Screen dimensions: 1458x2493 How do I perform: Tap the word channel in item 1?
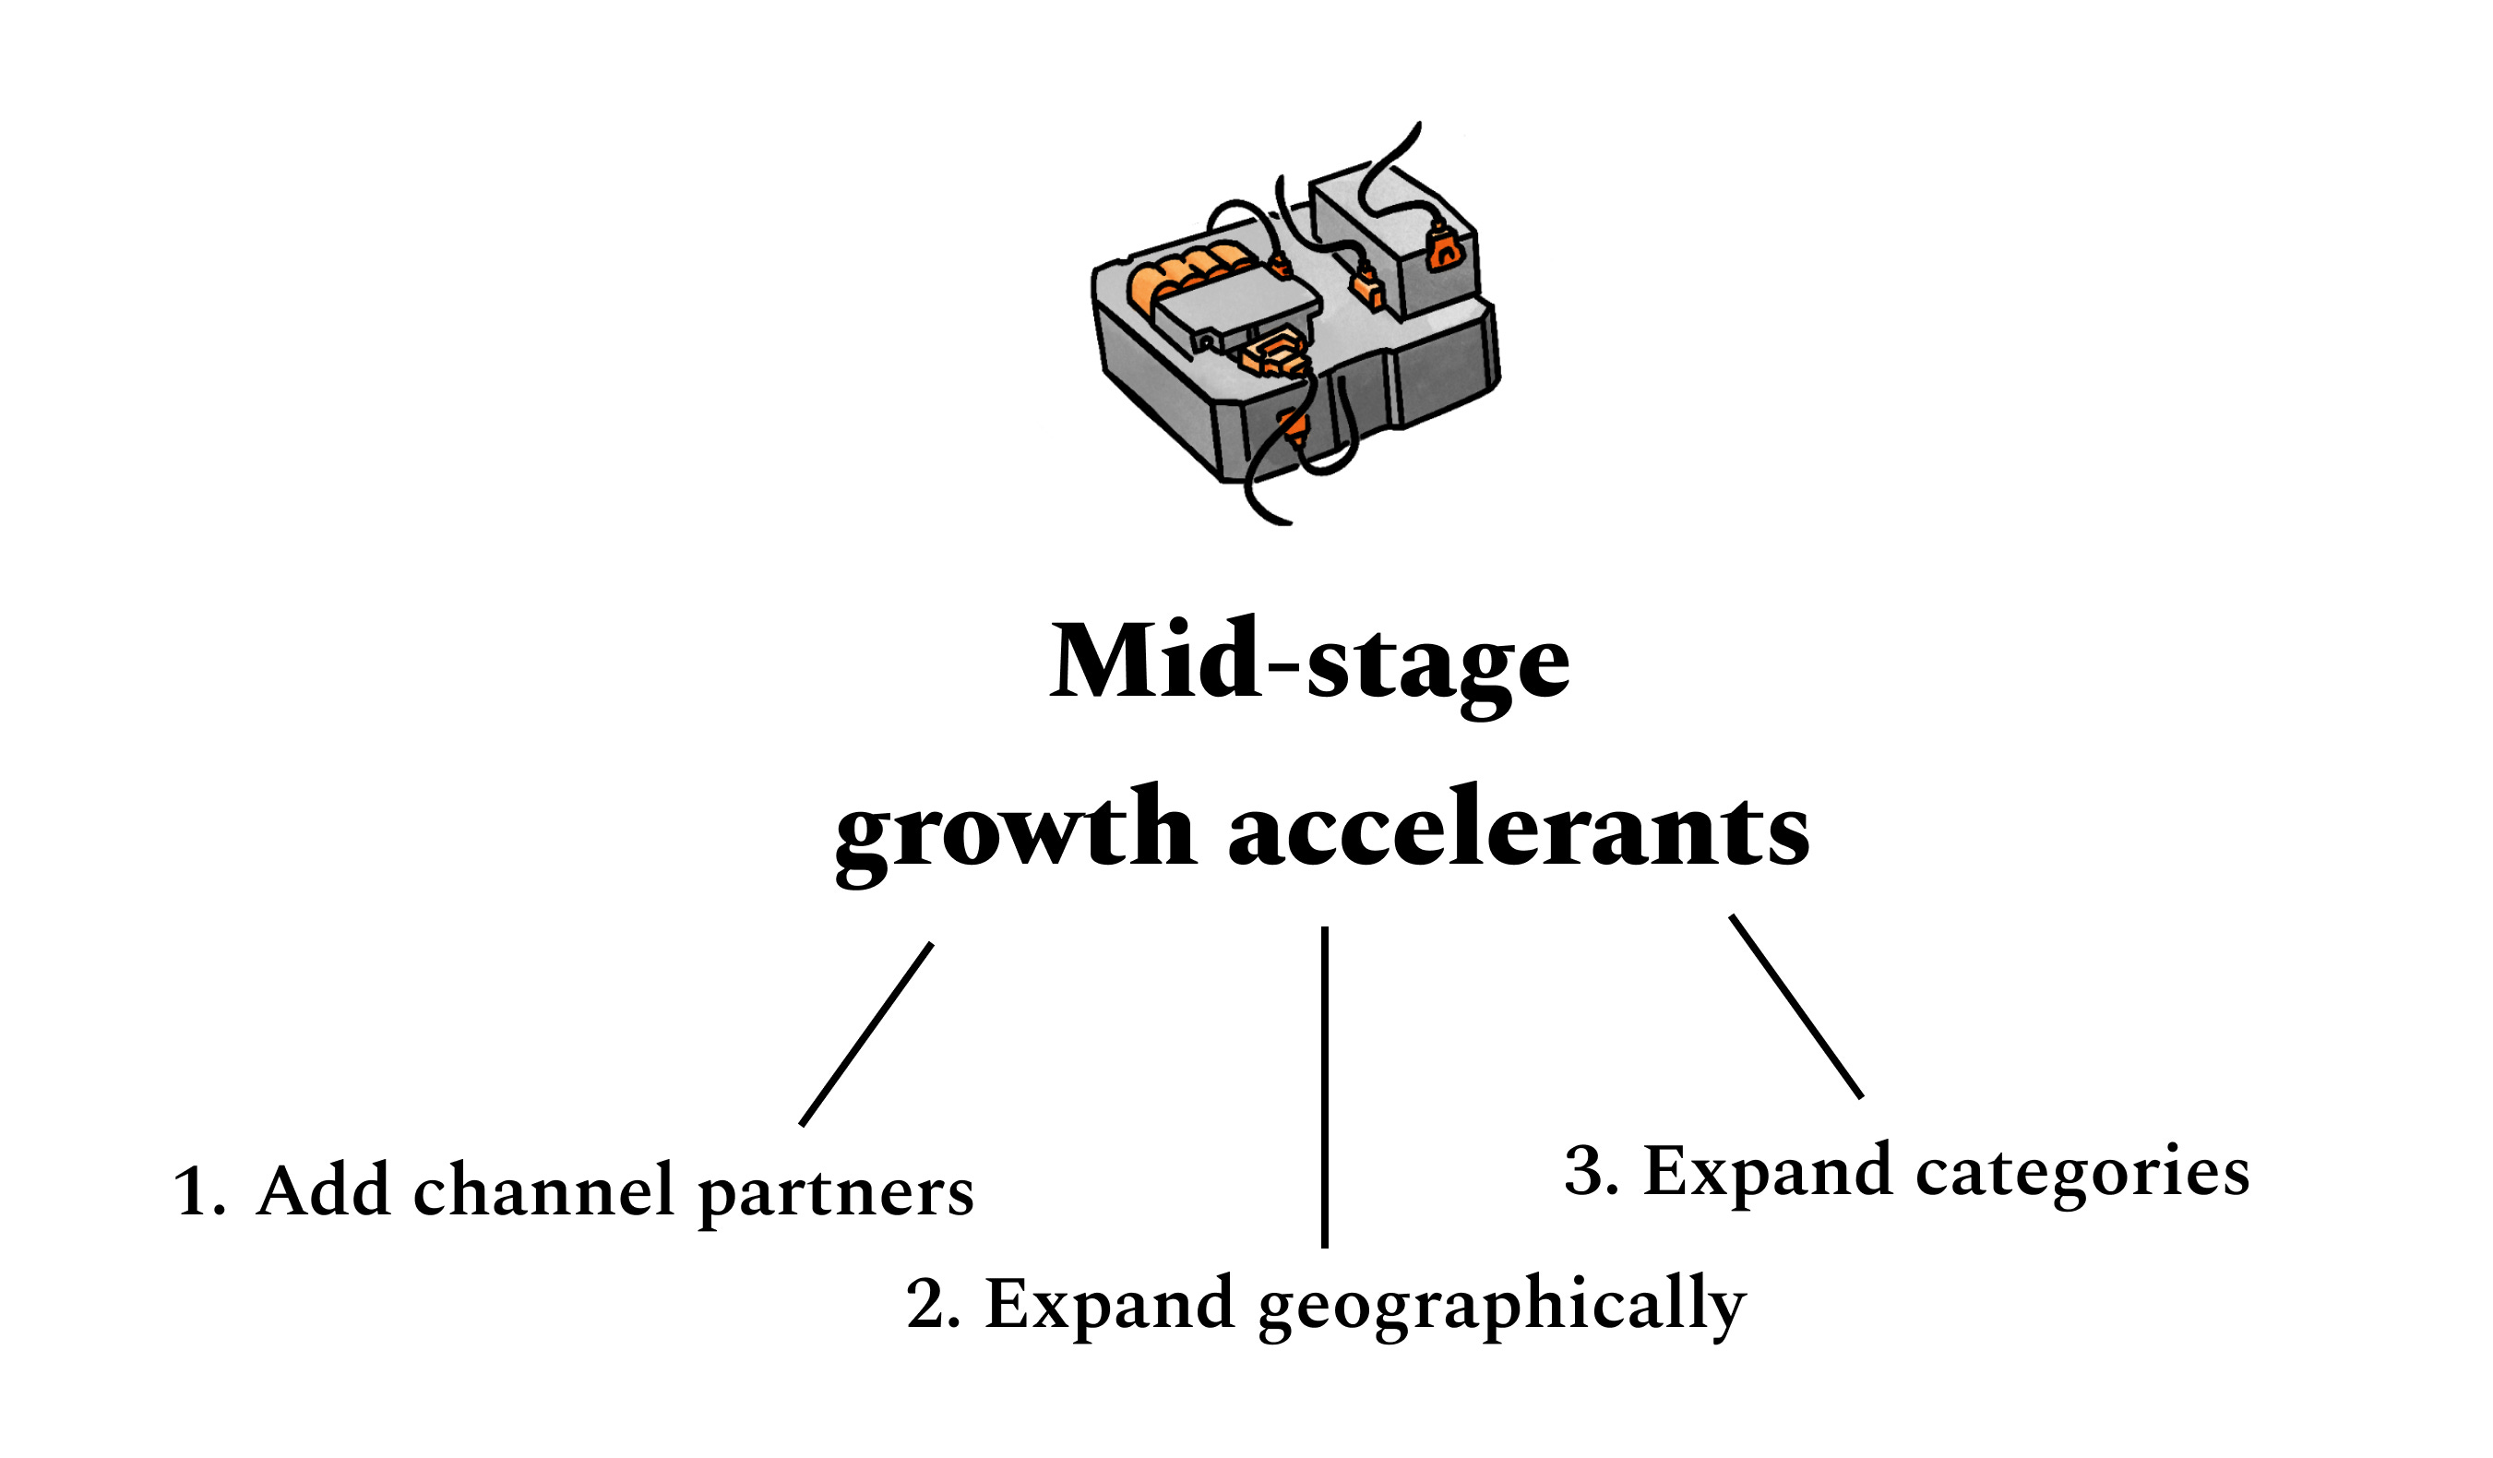coord(543,1191)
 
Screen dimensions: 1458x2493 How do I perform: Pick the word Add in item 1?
coord(323,1191)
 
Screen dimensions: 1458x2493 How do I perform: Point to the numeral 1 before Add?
coord(190,1193)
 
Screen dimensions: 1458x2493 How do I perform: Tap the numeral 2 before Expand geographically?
coord(927,1306)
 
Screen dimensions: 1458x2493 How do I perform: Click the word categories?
coord(2083,1175)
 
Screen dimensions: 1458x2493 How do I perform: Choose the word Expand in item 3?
coord(1767,1175)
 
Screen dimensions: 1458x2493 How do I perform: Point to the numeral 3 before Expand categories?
coord(1584,1173)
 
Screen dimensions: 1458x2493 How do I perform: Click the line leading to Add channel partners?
coord(866,1034)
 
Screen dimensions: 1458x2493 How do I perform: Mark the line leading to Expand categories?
coord(1795,1006)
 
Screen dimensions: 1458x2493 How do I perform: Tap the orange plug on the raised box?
coord(1443,247)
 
